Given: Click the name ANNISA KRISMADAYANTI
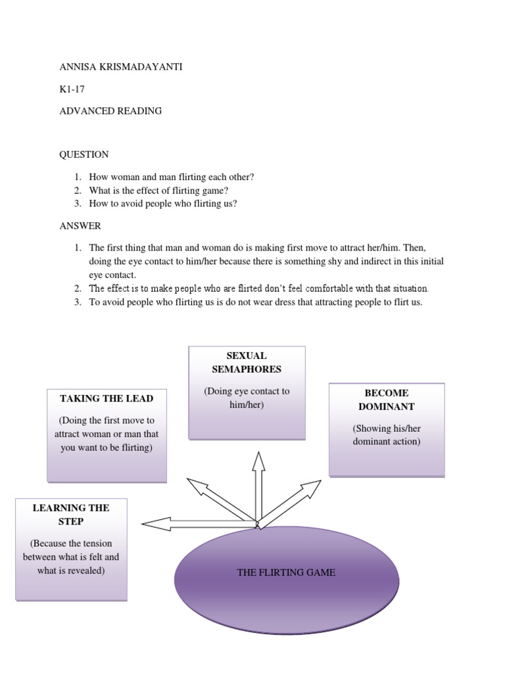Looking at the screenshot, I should [x=121, y=67].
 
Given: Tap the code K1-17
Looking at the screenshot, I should [x=72, y=89].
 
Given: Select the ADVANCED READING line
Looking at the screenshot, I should [x=110, y=111].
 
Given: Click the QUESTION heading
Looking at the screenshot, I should [x=84, y=154].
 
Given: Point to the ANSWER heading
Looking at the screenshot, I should [x=80, y=226].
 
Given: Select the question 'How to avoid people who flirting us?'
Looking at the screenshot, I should [x=163, y=204].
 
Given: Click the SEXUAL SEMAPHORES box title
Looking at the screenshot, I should [x=247, y=362].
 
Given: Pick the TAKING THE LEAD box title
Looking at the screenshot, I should [x=107, y=398].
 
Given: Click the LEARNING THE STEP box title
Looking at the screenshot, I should [x=71, y=515].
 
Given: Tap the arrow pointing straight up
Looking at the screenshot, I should [x=258, y=486].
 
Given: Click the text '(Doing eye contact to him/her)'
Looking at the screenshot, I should [x=247, y=398].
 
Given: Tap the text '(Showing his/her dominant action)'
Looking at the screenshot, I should [x=387, y=435].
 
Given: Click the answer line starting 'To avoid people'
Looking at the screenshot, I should [x=256, y=302].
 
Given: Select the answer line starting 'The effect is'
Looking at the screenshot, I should [x=259, y=289].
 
